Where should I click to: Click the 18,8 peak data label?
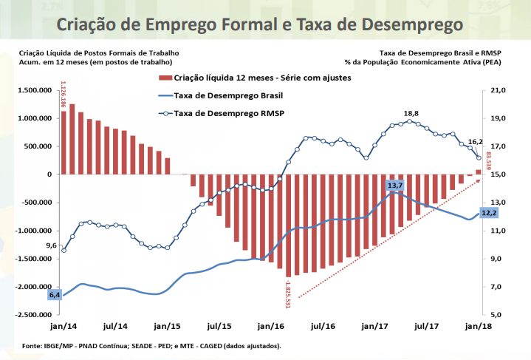tap(411, 114)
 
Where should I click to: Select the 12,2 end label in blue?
tap(489, 213)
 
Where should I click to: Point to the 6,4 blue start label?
tap(55, 295)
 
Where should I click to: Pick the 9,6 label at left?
tap(52, 245)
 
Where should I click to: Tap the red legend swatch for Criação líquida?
tap(162, 78)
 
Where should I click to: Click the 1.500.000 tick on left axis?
tap(34, 90)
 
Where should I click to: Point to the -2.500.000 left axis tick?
tap(32, 315)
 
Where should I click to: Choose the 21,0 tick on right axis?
tap(497, 90)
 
